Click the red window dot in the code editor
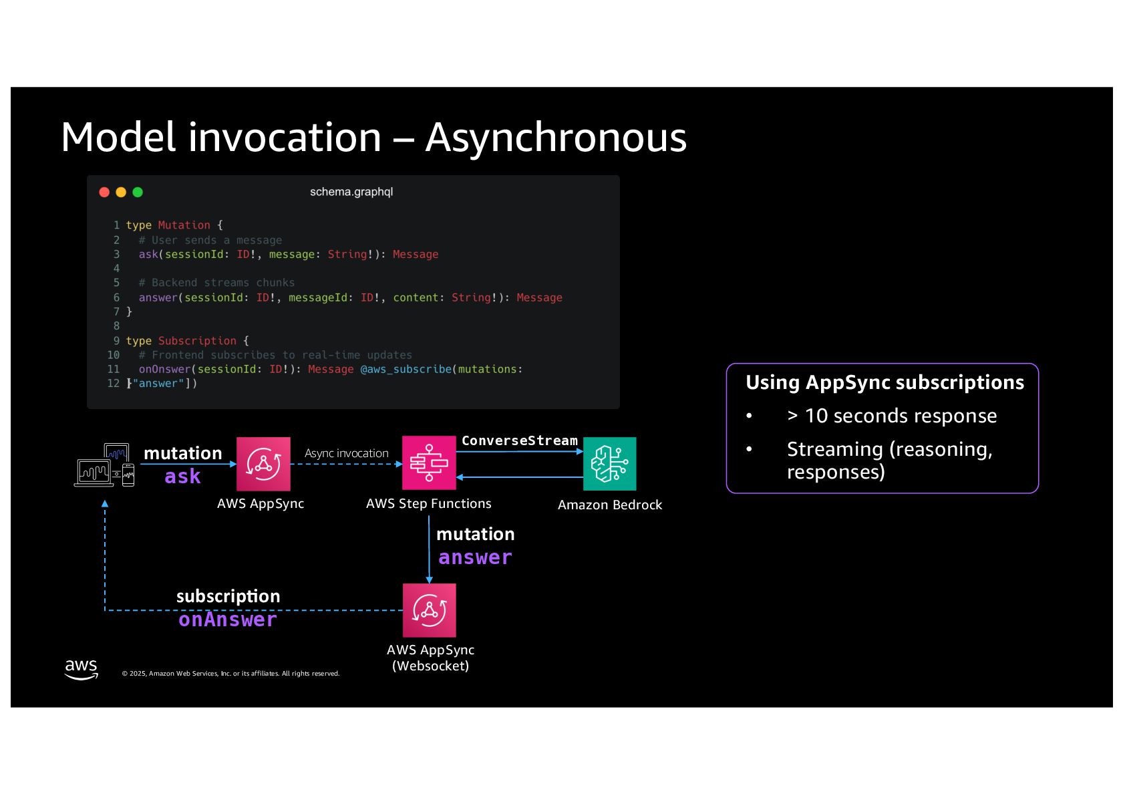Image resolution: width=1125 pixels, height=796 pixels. point(104,192)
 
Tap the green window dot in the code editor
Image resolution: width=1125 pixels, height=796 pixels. point(138,192)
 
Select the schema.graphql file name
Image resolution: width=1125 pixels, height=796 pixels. point(351,192)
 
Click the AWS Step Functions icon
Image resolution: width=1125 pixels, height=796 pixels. point(429,463)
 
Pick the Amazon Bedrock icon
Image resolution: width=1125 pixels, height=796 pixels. point(609,464)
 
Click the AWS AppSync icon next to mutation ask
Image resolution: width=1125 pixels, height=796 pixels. point(263,464)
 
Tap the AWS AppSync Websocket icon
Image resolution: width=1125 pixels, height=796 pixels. point(430,610)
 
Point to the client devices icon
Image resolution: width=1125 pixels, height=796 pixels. point(104,465)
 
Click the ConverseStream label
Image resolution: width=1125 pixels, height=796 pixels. point(519,440)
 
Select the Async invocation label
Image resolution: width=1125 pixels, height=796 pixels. point(346,453)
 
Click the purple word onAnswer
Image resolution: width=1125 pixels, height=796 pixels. point(227,620)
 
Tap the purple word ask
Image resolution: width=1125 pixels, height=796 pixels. point(182,477)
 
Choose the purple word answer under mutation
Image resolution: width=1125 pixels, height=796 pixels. point(475,557)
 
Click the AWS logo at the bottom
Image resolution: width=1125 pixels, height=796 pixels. point(81,669)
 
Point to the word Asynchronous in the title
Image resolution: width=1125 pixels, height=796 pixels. point(556,138)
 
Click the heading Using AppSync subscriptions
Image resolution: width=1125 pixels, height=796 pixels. point(885,382)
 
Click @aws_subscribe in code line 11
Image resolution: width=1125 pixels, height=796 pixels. point(406,369)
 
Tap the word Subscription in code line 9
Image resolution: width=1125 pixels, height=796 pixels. point(197,341)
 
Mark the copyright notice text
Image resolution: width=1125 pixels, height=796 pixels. point(230,674)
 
